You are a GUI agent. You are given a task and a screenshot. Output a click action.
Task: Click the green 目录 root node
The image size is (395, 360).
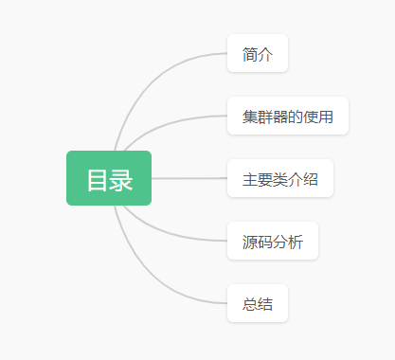(108, 178)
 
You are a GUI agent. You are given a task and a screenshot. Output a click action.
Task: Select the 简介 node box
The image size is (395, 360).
(257, 54)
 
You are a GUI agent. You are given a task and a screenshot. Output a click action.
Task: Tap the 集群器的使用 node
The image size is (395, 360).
(288, 117)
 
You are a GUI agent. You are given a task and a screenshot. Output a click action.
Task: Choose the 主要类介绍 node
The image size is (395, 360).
(279, 179)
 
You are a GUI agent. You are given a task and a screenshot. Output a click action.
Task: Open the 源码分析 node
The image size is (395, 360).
(272, 242)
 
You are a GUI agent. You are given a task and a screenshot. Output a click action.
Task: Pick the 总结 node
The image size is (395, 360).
(257, 304)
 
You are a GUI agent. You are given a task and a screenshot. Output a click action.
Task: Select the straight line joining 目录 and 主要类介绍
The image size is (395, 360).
(189, 178)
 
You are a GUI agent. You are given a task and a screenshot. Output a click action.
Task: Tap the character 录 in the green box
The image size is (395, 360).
(120, 179)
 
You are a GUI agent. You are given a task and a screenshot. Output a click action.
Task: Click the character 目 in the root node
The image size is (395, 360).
(98, 179)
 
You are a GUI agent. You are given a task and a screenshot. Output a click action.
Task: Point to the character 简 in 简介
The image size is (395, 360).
(249, 54)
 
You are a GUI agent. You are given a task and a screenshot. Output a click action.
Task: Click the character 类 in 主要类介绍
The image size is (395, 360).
(279, 179)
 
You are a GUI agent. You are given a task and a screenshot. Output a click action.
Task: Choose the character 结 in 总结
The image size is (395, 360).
(264, 304)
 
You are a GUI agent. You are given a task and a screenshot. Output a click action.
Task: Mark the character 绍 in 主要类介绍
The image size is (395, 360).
(310, 179)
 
